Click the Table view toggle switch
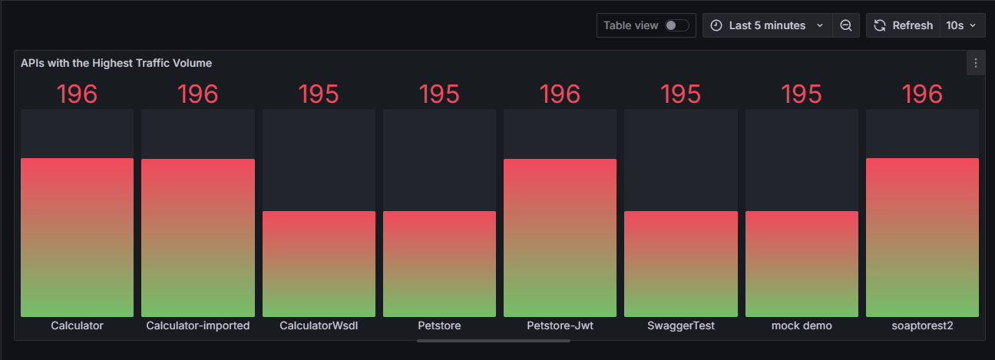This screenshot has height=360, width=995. click(676, 25)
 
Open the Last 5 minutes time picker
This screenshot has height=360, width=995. click(767, 25)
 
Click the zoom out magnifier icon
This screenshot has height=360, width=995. click(845, 25)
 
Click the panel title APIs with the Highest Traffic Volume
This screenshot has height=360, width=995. click(116, 63)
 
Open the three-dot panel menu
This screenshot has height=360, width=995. click(975, 63)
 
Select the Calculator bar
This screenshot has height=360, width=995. click(77, 237)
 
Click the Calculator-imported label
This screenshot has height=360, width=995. click(198, 325)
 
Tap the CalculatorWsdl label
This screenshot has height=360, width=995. click(319, 325)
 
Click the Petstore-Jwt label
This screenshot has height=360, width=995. click(560, 325)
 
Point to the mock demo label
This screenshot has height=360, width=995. click(802, 325)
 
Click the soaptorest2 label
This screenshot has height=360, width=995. click(922, 325)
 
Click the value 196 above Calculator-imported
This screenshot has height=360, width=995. click(198, 94)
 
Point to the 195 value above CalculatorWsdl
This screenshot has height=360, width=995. click(319, 94)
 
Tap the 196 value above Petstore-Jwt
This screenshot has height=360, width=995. click(560, 94)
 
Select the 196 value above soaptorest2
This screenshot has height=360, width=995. click(922, 94)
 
